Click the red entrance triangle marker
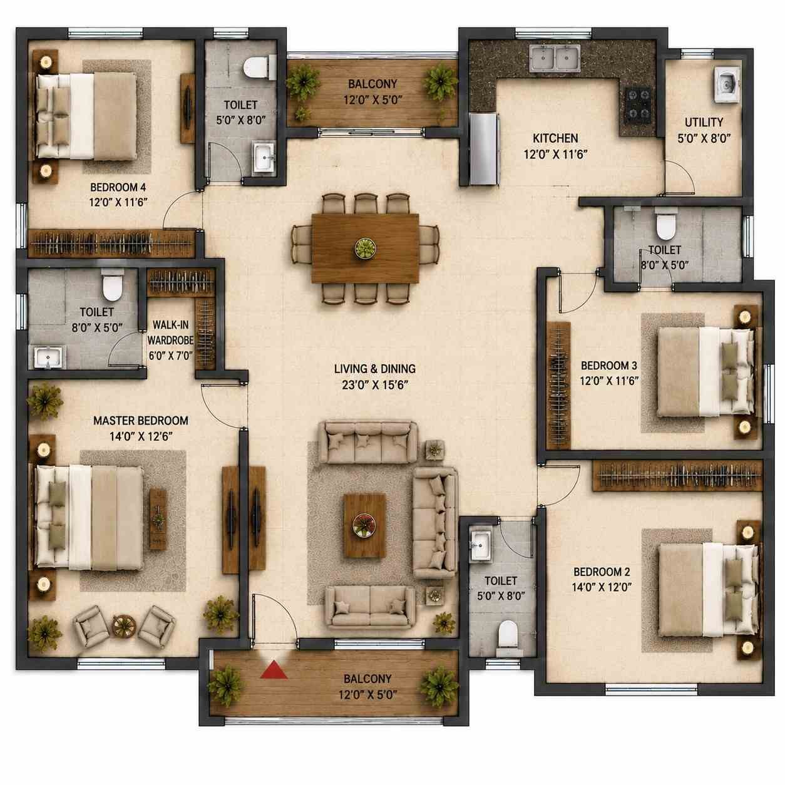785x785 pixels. [x=274, y=670]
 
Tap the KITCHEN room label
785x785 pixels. [x=555, y=138]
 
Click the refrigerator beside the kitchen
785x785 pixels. [x=483, y=148]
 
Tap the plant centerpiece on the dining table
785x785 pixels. [x=365, y=248]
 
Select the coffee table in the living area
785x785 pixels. [x=365, y=525]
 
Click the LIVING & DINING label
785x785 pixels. [x=375, y=369]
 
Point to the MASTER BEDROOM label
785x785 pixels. [x=141, y=421]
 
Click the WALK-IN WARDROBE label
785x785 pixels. [x=171, y=332]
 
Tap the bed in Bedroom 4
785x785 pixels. [x=86, y=116]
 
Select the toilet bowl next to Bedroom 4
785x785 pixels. [x=257, y=68]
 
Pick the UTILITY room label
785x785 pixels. [x=704, y=122]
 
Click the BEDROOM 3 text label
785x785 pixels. [x=609, y=366]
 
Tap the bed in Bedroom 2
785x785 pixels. [x=709, y=590]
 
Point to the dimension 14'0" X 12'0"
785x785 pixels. [x=602, y=587]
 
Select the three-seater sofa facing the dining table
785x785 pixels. [x=368, y=443]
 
